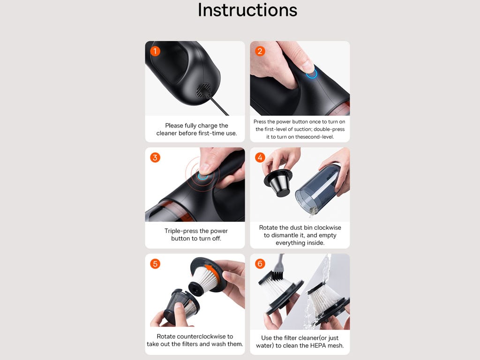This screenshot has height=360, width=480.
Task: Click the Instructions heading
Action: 247,10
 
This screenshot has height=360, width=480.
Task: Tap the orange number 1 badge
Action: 155,51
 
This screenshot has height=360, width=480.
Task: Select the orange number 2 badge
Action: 260,51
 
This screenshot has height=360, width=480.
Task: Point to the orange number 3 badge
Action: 155,157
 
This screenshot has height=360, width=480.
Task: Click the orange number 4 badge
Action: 260,157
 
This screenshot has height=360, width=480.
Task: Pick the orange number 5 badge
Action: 155,263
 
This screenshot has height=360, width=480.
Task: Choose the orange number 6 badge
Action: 260,263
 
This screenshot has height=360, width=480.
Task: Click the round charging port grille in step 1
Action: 203,90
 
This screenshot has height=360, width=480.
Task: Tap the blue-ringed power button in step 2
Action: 312,74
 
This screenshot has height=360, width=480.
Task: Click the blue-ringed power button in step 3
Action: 202,176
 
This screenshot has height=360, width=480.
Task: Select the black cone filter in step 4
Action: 278,183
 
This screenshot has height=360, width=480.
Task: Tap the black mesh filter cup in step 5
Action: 181,307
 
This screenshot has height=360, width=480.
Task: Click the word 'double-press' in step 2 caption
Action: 329,129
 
